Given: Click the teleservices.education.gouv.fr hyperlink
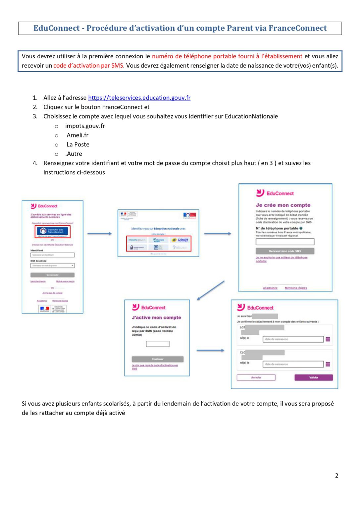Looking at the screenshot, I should point(139,98).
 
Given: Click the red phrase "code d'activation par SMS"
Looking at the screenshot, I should point(88,66).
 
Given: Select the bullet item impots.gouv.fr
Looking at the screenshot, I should point(85,126).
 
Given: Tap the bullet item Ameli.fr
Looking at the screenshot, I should point(77,135).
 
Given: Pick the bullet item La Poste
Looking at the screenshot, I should point(78,144).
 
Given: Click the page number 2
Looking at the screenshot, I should point(336,476).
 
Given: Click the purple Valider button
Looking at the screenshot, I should point(313,377).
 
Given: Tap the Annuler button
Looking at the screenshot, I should point(256,377).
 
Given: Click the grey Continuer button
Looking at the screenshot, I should point(157,359).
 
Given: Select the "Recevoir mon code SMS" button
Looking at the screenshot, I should point(285,251).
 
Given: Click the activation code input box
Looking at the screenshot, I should point(158,344).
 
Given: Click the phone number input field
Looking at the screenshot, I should point(285,242).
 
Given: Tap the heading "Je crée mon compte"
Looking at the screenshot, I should point(283,205).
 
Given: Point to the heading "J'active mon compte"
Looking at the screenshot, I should point(156,317).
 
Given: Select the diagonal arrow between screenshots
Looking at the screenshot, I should point(211,291).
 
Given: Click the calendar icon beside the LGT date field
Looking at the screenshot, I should point(328,339).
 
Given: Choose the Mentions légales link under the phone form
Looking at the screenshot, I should point(296,288).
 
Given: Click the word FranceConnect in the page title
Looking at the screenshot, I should point(297,28).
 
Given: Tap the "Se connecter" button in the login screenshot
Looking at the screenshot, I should point(52,275).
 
